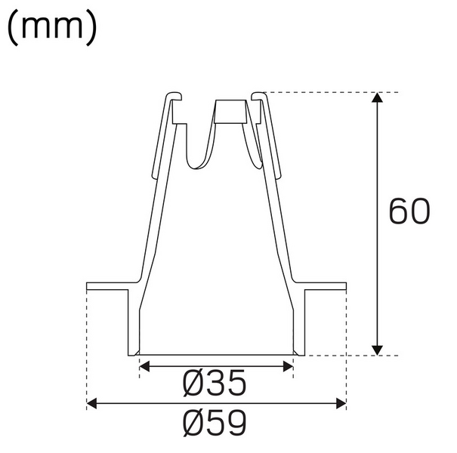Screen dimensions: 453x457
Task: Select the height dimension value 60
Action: click(409, 213)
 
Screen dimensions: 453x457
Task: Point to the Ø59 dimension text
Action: click(215, 424)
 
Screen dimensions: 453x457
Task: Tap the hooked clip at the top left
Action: click(173, 102)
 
